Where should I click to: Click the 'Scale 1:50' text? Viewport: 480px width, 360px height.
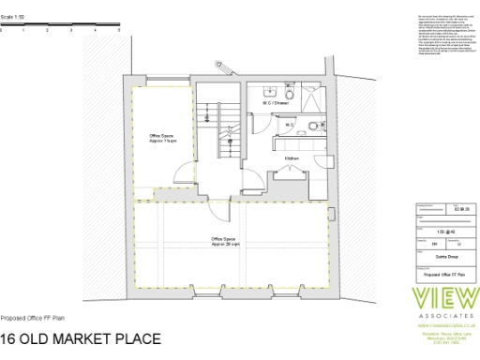[x=12, y=18]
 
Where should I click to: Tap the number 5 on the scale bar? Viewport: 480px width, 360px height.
[x=119, y=31]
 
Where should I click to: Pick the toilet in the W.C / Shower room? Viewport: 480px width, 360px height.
[x=291, y=95]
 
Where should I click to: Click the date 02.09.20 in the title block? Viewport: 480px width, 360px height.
[x=457, y=207]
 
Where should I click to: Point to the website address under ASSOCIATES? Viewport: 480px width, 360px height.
[x=442, y=328]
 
